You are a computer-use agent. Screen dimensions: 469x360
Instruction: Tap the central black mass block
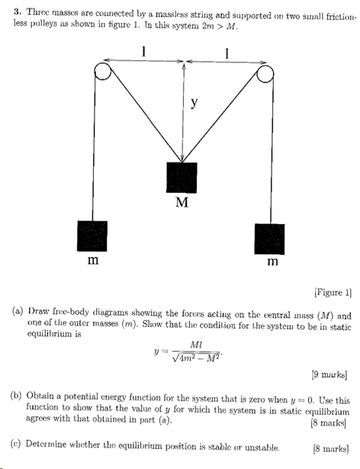click(x=181, y=178)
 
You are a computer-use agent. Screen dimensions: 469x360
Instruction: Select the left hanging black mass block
click(x=93, y=237)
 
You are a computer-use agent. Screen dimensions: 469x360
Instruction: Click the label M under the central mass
click(x=182, y=204)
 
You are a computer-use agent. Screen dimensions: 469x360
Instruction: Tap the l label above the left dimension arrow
click(x=144, y=51)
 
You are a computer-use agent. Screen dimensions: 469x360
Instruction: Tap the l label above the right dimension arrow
click(x=227, y=51)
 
